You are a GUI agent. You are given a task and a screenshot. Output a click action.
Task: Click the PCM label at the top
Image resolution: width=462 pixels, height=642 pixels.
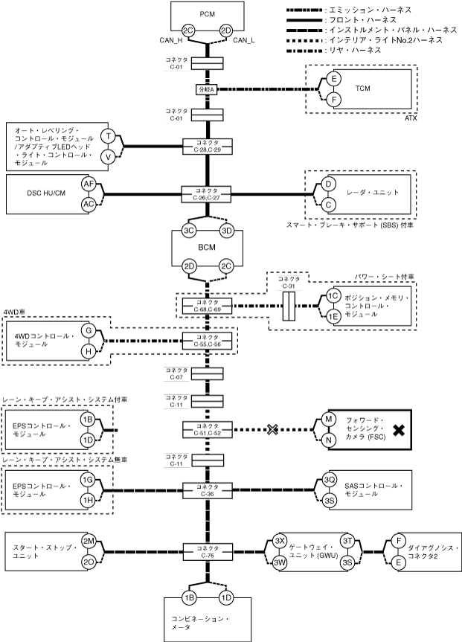point(208,14)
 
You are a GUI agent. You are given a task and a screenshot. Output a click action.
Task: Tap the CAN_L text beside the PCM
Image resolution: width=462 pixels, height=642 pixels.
point(244,40)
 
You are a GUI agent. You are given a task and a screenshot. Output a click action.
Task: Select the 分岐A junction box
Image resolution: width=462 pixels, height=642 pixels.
point(208,89)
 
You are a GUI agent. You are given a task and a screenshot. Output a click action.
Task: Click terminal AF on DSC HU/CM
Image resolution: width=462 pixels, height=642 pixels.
point(89,184)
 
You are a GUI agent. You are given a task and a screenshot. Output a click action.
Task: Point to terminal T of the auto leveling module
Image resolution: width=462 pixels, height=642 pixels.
point(108,136)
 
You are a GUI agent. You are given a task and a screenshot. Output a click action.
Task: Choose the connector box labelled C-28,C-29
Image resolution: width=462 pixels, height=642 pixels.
point(208,146)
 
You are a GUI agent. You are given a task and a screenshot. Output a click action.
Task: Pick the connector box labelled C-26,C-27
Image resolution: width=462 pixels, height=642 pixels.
point(207,194)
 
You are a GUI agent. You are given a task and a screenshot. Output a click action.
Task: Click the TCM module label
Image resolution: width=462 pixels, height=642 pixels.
point(363,89)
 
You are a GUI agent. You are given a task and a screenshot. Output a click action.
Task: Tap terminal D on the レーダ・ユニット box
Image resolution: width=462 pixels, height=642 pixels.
point(328,184)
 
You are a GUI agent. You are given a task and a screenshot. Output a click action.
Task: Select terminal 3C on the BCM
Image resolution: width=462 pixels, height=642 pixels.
point(188,231)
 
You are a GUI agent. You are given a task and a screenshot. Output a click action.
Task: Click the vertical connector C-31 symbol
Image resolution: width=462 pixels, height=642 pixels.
point(289,306)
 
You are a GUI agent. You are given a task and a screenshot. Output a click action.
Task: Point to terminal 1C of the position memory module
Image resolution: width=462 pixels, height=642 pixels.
point(333,296)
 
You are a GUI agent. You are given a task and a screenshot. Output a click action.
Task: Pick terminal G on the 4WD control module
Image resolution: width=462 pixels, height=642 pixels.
point(89,330)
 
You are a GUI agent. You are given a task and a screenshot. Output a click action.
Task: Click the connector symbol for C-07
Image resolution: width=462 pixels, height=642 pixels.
point(208,373)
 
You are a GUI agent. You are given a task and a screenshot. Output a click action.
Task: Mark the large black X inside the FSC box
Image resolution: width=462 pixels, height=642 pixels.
point(399,430)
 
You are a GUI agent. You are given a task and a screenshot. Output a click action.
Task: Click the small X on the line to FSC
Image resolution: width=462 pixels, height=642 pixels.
point(272,429)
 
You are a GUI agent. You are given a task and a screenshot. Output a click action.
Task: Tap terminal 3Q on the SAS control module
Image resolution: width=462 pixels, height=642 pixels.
point(330,479)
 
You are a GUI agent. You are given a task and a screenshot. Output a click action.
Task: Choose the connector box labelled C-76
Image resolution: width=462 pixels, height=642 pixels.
point(208,551)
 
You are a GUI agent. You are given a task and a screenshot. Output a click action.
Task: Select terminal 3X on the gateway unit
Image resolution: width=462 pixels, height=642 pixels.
point(280,541)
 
